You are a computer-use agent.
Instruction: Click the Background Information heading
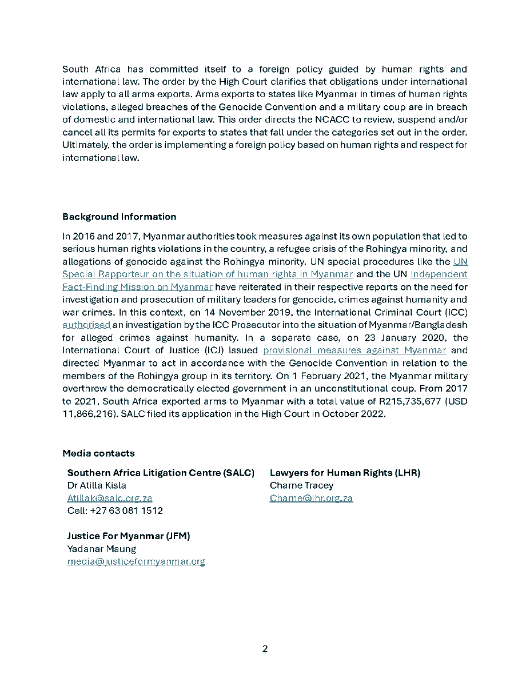[119, 217]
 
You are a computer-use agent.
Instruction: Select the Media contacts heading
[98, 453]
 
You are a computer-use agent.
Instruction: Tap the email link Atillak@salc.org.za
[110, 498]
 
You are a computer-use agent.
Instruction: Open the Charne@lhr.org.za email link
[311, 498]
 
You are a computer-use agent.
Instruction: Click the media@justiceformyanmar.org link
[136, 561]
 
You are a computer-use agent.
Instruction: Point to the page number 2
[265, 649]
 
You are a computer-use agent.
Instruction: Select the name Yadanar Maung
[102, 549]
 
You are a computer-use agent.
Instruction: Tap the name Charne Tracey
[301, 485]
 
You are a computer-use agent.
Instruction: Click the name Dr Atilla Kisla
[97, 485]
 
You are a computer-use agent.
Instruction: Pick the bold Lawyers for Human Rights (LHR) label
[345, 473]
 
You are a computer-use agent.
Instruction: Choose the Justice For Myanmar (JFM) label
[129, 536]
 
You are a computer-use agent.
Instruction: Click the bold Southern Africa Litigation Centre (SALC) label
[161, 473]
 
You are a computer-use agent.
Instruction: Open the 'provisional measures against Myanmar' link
[354, 350]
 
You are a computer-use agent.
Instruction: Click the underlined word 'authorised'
[86, 325]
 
